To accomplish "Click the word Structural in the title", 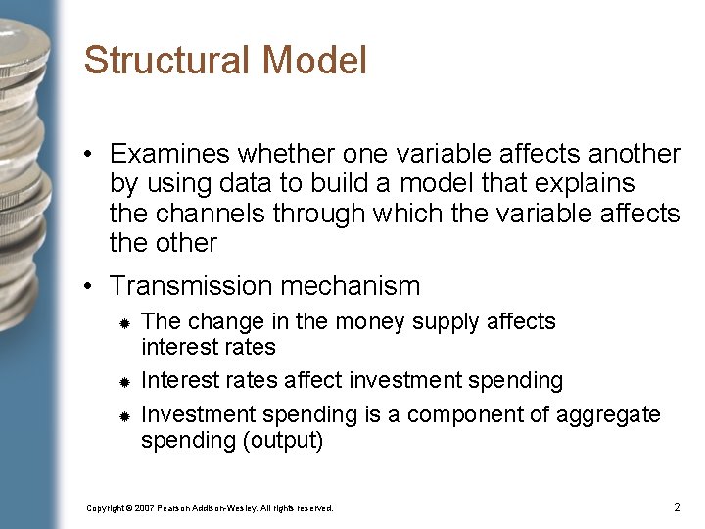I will (167, 61).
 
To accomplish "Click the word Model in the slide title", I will (314, 61).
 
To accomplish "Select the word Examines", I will (169, 154).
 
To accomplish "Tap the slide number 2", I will (677, 506).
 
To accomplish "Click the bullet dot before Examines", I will (89, 155).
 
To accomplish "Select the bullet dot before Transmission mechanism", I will (89, 287).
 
